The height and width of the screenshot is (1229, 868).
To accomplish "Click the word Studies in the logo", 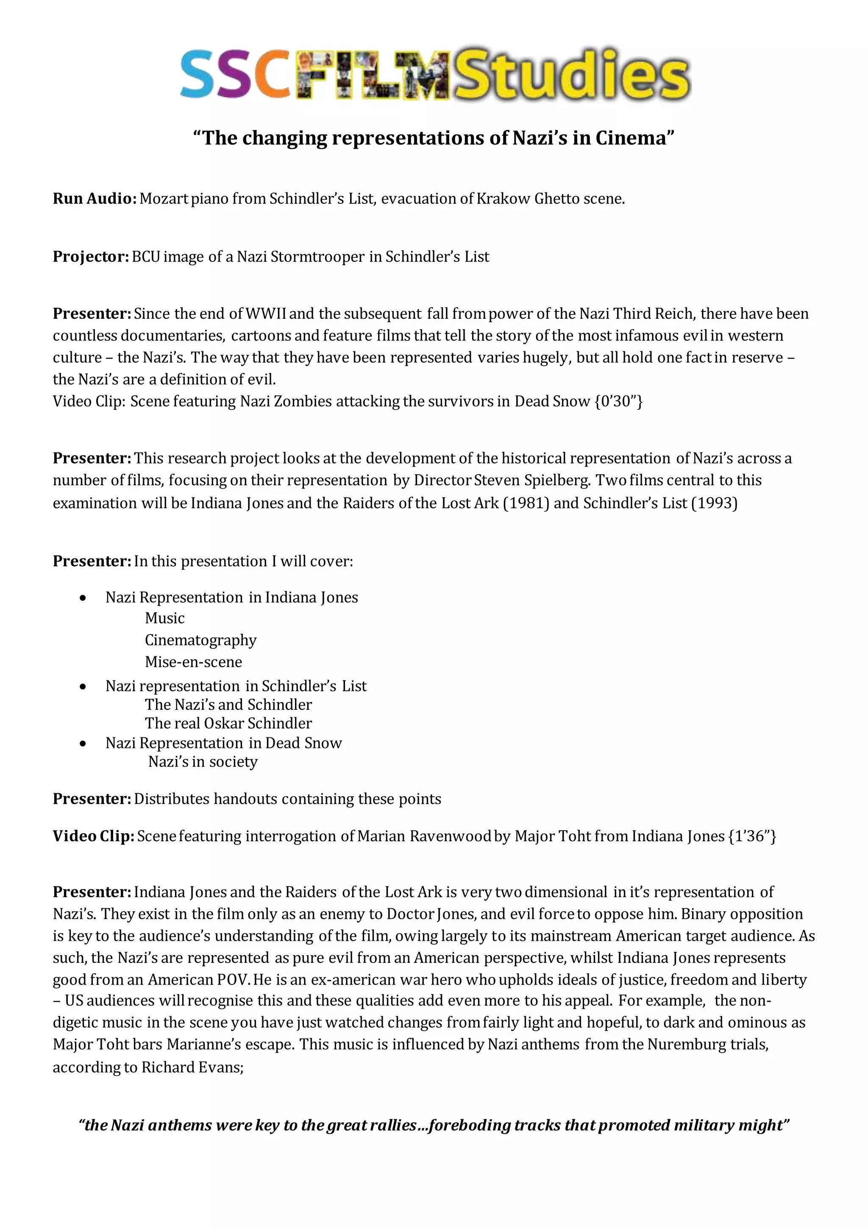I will pyautogui.click(x=572, y=75).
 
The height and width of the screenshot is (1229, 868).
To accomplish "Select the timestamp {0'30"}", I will pyautogui.click(x=618, y=401).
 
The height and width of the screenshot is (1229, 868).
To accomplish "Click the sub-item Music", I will pyautogui.click(x=164, y=618).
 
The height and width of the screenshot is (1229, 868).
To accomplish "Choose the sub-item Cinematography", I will pyautogui.click(x=200, y=640).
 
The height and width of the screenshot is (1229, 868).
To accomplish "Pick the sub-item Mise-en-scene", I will pyautogui.click(x=193, y=662).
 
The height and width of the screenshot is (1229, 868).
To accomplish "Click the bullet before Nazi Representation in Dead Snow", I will pyautogui.click(x=83, y=743).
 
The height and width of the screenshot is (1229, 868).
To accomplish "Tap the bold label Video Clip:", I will pyautogui.click(x=93, y=836).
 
